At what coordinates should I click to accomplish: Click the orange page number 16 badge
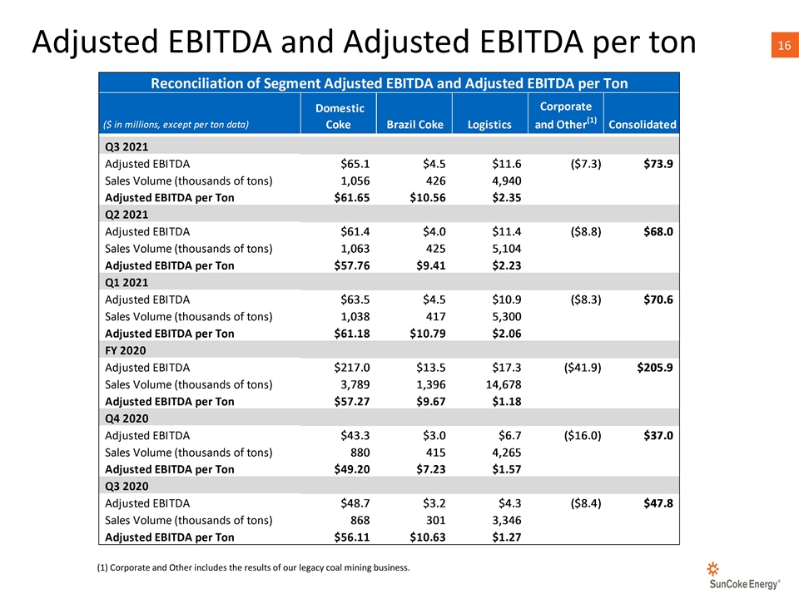[x=784, y=45]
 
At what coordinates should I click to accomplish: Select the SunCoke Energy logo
[x=744, y=576]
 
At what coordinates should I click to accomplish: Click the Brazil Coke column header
[x=414, y=125]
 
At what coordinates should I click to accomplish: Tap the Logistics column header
[x=489, y=125]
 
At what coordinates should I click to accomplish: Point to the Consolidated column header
[x=642, y=125]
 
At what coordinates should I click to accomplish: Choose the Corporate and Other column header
[x=566, y=116]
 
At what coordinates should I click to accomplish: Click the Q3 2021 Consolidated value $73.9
[x=658, y=164]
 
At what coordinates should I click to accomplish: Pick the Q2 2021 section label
[x=127, y=215]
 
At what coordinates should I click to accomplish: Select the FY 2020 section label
[x=126, y=350]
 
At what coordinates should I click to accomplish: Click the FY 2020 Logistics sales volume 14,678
[x=504, y=384]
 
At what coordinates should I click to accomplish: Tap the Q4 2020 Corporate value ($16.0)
[x=583, y=435]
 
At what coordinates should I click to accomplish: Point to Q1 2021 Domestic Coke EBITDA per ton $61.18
[x=351, y=334]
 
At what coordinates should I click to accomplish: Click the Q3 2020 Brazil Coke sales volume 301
[x=435, y=521]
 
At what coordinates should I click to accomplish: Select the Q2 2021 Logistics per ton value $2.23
[x=507, y=266]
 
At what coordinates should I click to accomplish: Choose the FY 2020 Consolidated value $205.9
[x=655, y=368]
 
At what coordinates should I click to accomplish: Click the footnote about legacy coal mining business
[x=253, y=567]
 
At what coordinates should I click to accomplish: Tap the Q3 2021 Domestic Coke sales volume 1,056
[x=355, y=181]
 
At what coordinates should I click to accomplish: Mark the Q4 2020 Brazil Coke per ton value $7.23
[x=430, y=469]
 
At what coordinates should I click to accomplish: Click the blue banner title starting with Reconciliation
[x=390, y=83]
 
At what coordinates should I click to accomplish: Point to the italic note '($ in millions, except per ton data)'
[x=176, y=125]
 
